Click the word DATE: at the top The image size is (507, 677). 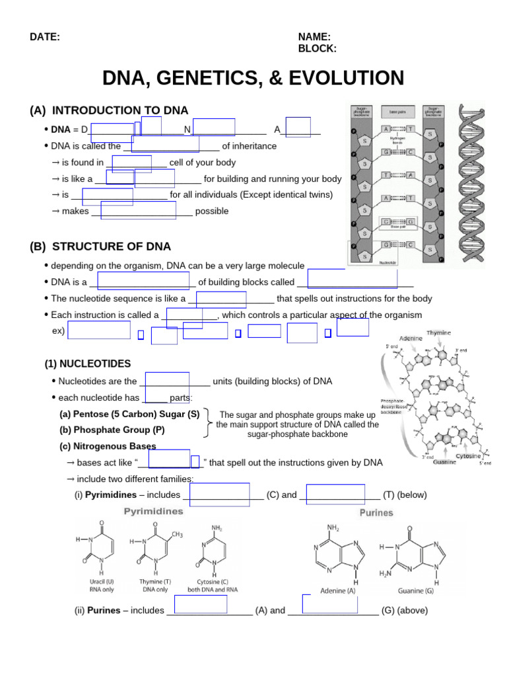point(45,37)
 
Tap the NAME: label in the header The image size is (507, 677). point(314,37)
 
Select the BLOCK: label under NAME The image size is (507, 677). point(317,48)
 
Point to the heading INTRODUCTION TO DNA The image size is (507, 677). point(119,110)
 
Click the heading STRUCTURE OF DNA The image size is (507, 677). point(111,247)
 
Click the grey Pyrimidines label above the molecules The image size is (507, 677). point(153,511)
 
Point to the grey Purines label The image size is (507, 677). point(376,512)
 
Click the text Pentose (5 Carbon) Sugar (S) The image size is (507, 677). point(129,414)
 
